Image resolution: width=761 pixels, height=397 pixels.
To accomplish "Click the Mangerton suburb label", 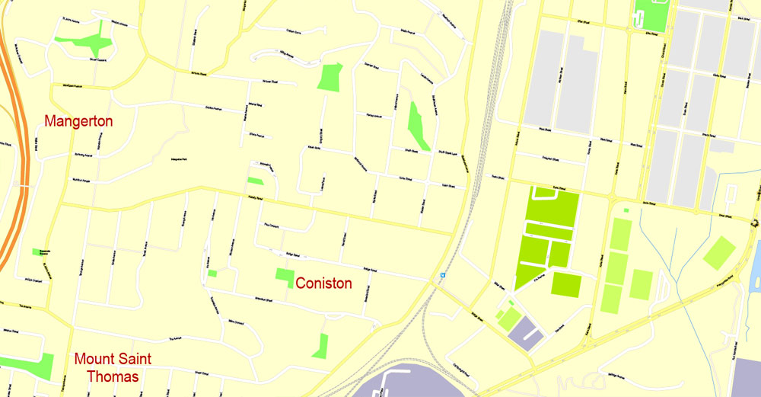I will pos(78,121).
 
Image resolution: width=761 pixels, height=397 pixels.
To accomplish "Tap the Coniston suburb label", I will pos(323,283).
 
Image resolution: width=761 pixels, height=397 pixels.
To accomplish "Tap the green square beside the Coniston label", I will pos(285,274).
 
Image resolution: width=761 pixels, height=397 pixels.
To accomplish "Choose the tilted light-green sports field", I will pos(719,253).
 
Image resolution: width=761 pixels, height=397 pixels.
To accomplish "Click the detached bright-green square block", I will pos(565,284).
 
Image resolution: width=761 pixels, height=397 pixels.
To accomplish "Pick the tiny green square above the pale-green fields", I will pos(626,210).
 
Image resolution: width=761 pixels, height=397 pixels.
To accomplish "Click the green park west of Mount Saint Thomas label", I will pos(36,365).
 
